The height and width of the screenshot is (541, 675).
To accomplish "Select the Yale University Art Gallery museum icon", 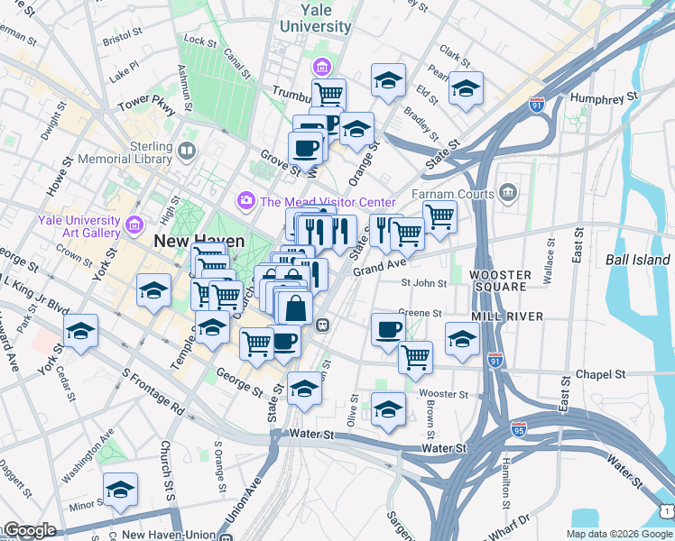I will click(x=134, y=224).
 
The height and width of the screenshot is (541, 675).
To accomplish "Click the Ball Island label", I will click(x=638, y=259).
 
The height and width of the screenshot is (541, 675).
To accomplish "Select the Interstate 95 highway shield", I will click(x=518, y=429).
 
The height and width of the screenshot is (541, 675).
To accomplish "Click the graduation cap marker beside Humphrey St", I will click(x=466, y=89).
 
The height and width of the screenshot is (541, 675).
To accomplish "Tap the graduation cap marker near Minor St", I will click(x=120, y=490).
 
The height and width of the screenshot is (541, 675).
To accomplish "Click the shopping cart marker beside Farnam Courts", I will click(x=439, y=215).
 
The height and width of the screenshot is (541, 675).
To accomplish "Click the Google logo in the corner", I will click(x=29, y=530).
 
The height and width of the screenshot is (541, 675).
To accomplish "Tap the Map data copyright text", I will click(x=618, y=533).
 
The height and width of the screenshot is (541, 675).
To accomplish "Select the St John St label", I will click(x=424, y=282).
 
